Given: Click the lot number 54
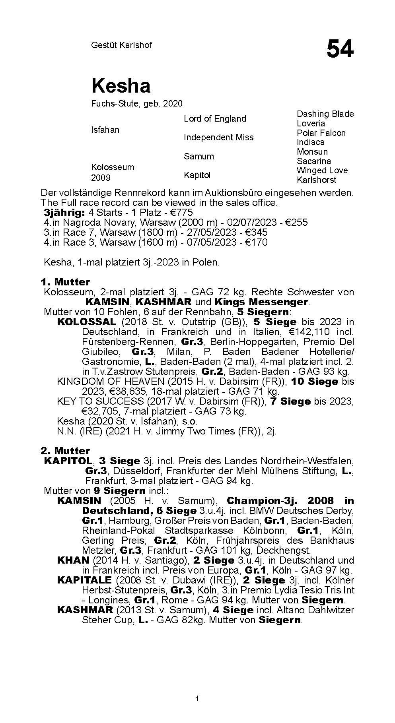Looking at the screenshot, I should click(340, 50).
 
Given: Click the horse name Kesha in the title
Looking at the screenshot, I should click(121, 86).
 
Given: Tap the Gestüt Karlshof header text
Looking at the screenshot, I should click(121, 45).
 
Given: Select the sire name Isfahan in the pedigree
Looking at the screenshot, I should click(105, 130).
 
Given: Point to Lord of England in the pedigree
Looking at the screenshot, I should click(215, 118).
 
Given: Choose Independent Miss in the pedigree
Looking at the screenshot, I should click(218, 137).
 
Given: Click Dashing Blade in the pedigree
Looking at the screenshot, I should click(325, 114).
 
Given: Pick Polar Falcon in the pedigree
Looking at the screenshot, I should click(321, 133).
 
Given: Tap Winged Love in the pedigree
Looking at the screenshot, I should click(322, 170).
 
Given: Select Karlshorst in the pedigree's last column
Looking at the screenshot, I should click(316, 180).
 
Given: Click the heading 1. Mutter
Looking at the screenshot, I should click(65, 282).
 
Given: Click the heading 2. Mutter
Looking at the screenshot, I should click(65, 451).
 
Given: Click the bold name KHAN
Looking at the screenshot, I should click(73, 560).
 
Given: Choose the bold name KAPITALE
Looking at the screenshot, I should click(86, 580).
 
